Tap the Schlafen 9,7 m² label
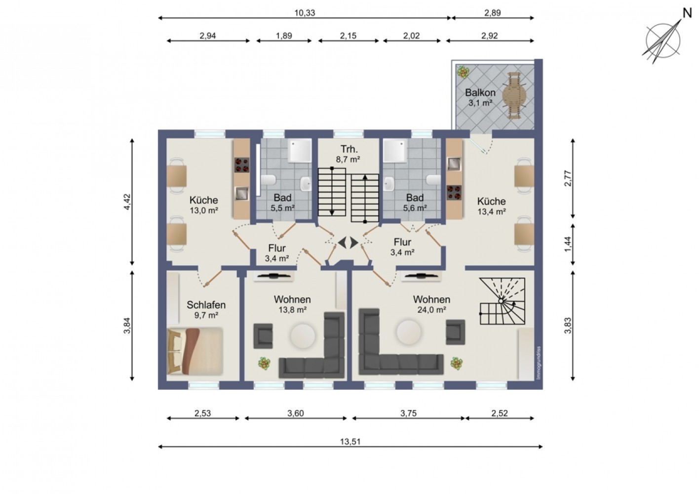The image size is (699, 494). click(206, 309)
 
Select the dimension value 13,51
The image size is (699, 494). click(350, 442)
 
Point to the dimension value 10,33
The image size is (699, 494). click(305, 13)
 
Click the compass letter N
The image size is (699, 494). click(688, 13)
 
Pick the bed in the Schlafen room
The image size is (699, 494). click(195, 351)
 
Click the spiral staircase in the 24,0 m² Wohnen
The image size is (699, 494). click(503, 301)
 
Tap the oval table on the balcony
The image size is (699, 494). click(514, 95)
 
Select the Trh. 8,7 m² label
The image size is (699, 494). click(348, 154)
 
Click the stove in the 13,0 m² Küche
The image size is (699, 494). click(242, 165)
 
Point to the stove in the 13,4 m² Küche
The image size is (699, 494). click(454, 192)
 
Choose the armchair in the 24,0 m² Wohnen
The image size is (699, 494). click(455, 332)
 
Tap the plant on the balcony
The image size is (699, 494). click(463, 72)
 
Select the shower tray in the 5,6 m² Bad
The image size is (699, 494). click(395, 151)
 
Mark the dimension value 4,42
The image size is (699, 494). click(127, 202)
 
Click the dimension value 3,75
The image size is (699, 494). click(408, 413)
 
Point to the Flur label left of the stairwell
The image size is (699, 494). click(277, 248)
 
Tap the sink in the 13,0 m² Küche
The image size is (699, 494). click(242, 193)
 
